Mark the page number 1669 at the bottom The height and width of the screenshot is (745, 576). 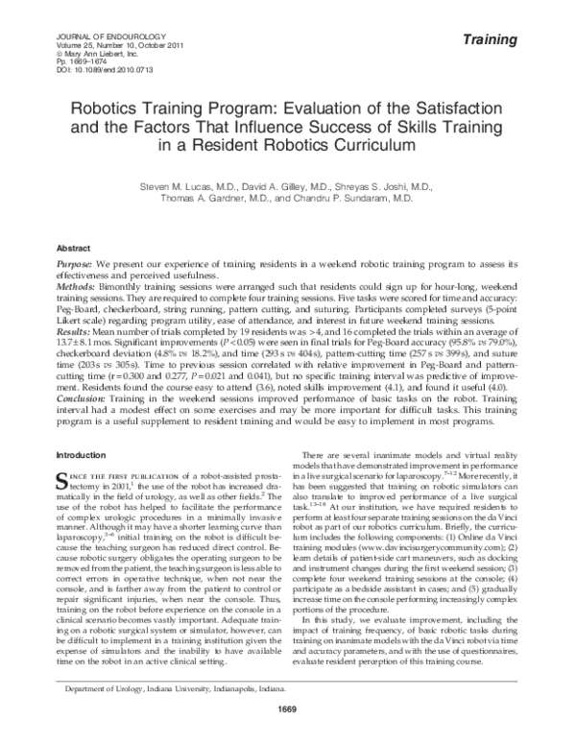[x=287, y=734]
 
